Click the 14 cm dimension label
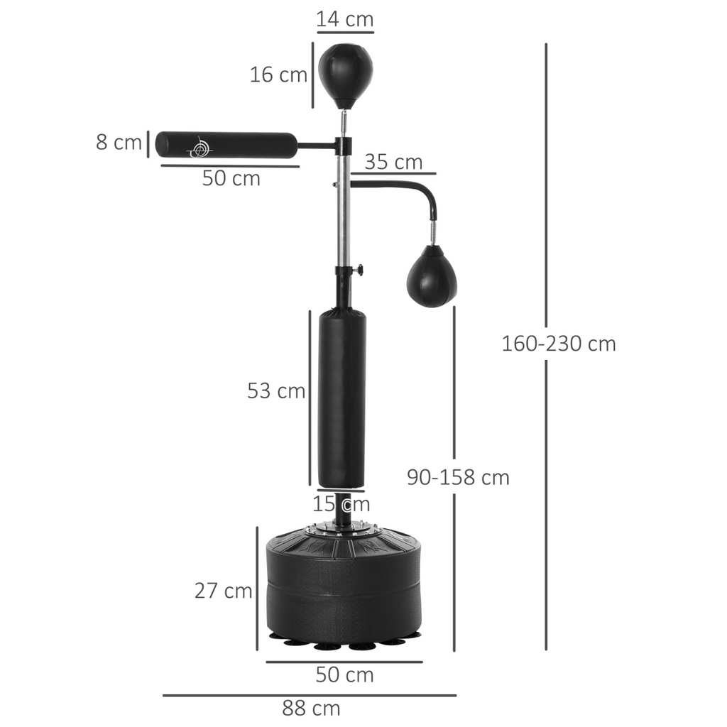point(345,19)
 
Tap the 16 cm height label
point(278,74)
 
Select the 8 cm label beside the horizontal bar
point(119,142)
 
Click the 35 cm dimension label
point(393,162)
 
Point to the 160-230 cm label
point(559,344)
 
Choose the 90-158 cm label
point(458,477)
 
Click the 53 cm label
point(276,390)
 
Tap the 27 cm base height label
point(223,590)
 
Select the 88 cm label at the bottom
point(311,708)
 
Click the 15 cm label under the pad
point(341,504)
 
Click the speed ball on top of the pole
point(345,73)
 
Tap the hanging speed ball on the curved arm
point(432,278)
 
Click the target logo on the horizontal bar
point(200,147)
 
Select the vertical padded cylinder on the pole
point(342,398)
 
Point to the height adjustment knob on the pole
point(359,270)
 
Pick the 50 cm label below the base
point(344,674)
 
